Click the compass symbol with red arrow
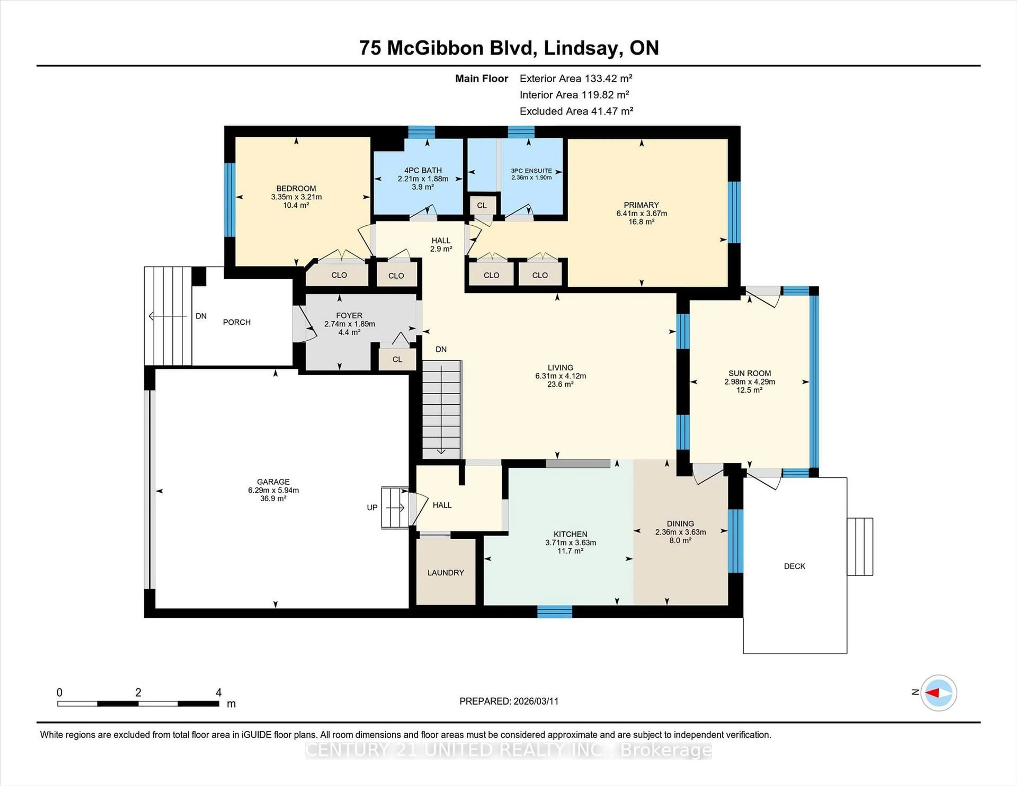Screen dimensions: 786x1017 coord(938,693)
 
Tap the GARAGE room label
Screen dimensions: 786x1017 coord(273,481)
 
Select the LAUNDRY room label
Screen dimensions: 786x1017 coord(446,572)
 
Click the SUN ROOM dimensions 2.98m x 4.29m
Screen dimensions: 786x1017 coord(749,381)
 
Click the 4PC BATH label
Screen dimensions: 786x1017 coord(423,171)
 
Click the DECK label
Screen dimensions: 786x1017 coord(795,566)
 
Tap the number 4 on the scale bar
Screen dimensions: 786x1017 coord(218,693)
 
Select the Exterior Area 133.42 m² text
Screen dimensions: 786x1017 coord(576,78)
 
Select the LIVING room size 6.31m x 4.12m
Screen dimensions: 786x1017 coord(560,376)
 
